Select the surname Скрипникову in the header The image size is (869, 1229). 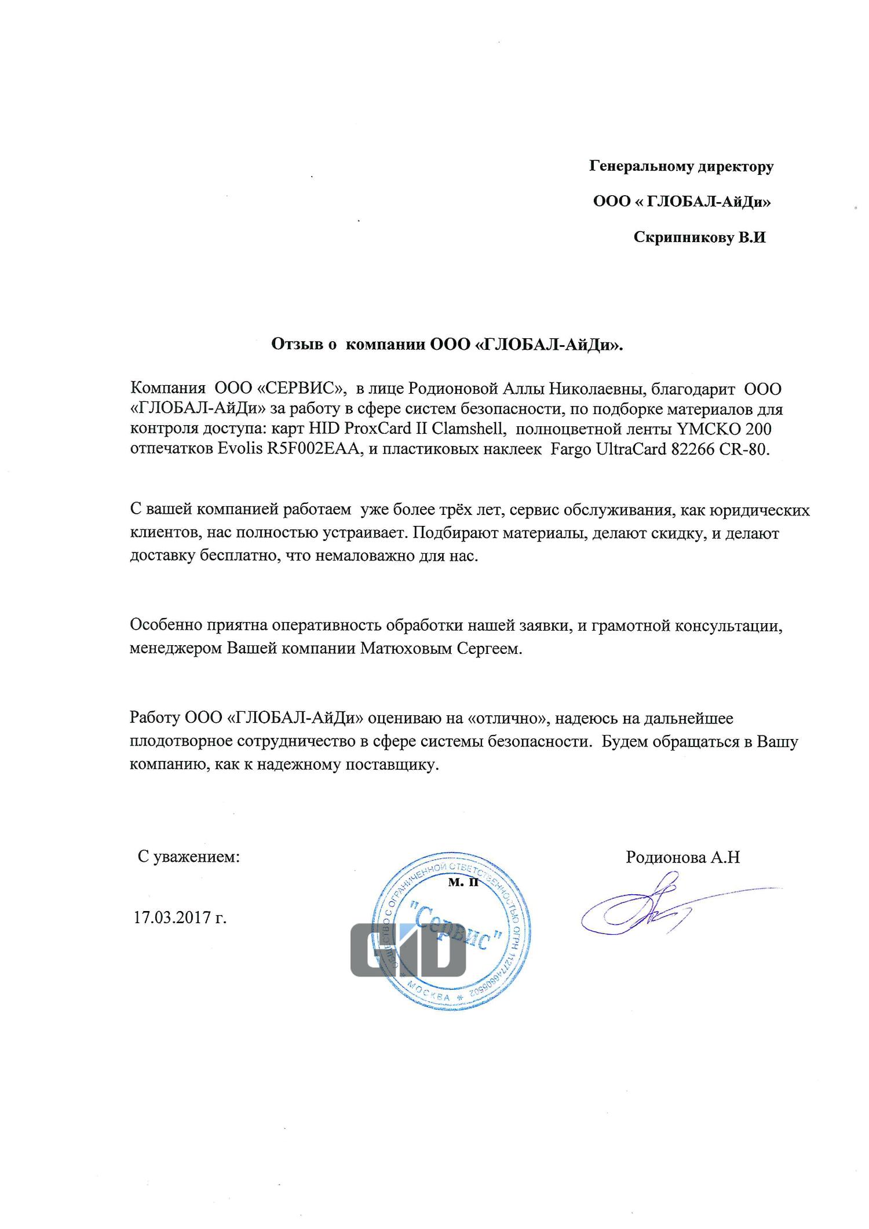(683, 237)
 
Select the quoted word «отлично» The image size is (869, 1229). (507, 719)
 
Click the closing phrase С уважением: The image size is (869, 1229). (188, 857)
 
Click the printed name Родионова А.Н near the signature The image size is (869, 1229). (682, 857)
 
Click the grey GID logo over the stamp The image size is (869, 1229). (408, 950)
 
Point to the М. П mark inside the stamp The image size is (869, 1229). (463, 883)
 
